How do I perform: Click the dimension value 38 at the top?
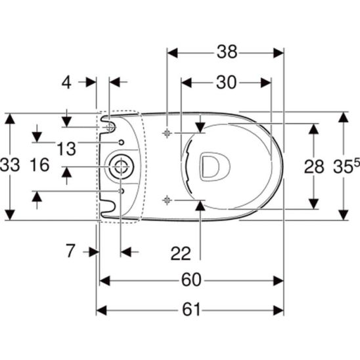(227, 52)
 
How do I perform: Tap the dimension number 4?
(66, 82)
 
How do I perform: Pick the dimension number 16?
(41, 166)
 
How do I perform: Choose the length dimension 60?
(191, 281)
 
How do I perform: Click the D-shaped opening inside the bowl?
(210, 166)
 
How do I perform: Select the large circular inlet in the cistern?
(120, 167)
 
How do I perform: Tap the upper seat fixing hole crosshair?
(168, 132)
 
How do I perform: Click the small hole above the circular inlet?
(122, 142)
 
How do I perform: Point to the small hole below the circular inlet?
(122, 191)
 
